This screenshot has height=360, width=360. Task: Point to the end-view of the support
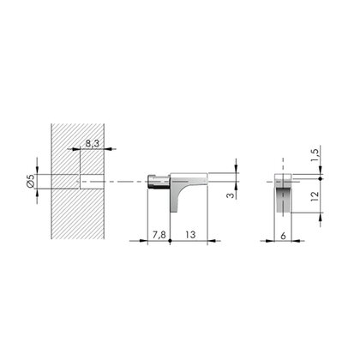(284, 193)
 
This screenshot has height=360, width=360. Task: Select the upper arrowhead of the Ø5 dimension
(39, 170)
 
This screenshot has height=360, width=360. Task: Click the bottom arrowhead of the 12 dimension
(322, 218)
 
